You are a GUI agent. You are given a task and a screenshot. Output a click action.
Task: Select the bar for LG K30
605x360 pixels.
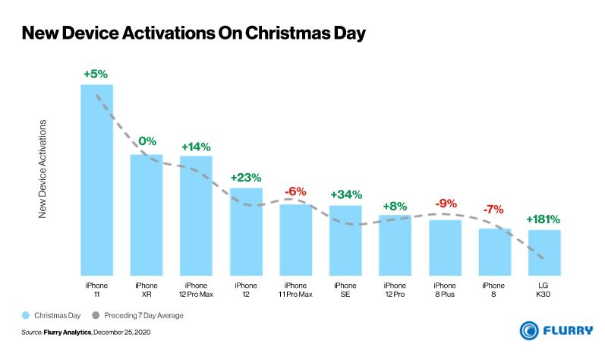tap(544, 252)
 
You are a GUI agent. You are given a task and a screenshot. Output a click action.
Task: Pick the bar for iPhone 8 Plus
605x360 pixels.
tap(445, 248)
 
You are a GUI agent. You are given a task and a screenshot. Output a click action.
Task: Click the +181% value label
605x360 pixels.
tap(544, 220)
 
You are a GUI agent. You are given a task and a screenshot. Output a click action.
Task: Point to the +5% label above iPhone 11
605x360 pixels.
tap(97, 74)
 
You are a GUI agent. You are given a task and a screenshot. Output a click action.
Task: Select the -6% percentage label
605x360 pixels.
tap(295, 192)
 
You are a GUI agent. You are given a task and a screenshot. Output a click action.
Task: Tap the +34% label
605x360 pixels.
tap(345, 195)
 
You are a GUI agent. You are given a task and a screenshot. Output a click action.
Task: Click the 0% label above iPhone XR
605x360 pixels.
tap(147, 141)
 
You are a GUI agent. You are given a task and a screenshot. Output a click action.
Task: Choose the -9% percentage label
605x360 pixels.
tap(445, 204)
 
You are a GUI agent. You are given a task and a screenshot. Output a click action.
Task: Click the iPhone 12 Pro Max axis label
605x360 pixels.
tap(196, 289)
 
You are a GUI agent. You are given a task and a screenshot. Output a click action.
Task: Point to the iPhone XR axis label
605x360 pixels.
tap(147, 289)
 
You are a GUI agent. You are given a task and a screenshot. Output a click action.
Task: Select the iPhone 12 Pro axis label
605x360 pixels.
tap(395, 289)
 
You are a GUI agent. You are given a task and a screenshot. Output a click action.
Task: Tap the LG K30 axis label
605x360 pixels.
tap(544, 289)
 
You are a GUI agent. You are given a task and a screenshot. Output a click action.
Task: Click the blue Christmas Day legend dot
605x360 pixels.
tap(25, 314)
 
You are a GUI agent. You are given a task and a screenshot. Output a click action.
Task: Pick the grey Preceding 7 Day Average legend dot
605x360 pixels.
tap(96, 314)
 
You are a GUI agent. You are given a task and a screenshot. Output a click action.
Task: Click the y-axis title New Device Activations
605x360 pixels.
tap(43, 169)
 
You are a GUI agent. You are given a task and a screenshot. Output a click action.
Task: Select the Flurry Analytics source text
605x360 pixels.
tap(68, 333)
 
